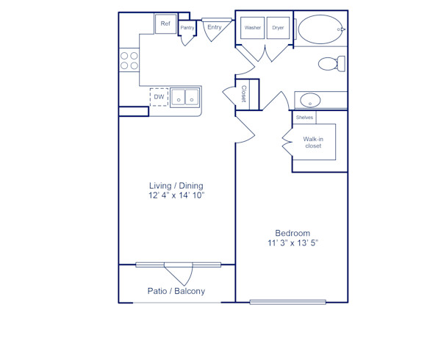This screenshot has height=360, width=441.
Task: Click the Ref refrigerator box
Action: coord(165,24)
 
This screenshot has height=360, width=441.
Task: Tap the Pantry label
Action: coord(187,28)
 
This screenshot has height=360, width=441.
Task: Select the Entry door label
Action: coord(215,27)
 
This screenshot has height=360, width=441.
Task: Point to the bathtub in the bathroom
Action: coord(320,29)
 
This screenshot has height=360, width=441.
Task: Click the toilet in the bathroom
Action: coord(331,64)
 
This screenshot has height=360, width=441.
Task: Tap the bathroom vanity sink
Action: coord(310,100)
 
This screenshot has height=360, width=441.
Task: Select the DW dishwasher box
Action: coord(159,97)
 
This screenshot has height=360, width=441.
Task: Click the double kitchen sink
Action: coord(184,98)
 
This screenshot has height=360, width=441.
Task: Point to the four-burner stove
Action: coord(129,60)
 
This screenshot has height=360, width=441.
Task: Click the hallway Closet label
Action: coord(244,93)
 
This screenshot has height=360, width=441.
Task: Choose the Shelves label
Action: coord(305,118)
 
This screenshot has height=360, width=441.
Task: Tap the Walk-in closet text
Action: coord(313,143)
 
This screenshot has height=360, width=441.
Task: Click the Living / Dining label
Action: coord(176,185)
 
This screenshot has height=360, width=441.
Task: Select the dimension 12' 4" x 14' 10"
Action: coord(176,196)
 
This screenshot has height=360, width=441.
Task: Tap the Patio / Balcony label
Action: coord(176,291)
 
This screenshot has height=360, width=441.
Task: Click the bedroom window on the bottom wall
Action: coord(287,301)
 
